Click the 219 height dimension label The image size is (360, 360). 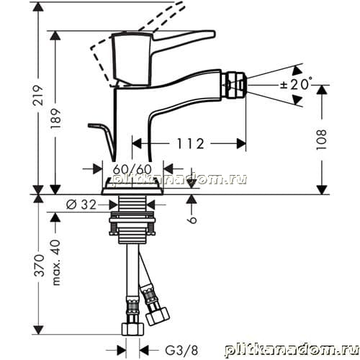(38, 95)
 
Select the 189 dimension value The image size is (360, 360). (55, 119)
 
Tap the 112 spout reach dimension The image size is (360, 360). (191, 143)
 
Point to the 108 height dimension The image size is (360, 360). (321, 140)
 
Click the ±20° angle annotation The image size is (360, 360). (297, 84)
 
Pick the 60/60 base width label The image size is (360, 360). (132, 169)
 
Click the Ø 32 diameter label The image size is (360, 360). (81, 204)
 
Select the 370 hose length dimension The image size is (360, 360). (39, 266)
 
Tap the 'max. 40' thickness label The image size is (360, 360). (55, 262)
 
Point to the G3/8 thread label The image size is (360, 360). (181, 350)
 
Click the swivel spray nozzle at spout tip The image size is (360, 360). (234, 85)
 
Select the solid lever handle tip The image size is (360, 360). (208, 34)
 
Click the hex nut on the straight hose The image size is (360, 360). (132, 329)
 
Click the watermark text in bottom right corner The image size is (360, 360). (292, 350)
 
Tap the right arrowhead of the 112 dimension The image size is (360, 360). (241, 143)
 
